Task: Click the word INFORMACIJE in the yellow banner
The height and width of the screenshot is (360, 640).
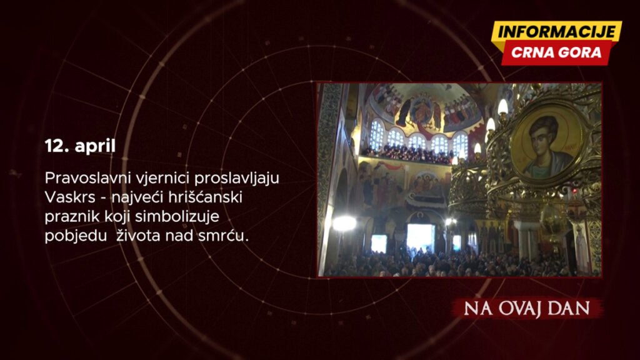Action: [557, 32]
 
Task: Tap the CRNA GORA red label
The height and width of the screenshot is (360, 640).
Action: [556, 52]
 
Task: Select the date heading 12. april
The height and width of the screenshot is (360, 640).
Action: [80, 146]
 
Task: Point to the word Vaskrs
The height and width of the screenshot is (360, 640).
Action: [70, 197]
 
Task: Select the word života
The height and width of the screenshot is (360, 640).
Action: [139, 236]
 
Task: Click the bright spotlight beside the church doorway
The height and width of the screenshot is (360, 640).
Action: [344, 223]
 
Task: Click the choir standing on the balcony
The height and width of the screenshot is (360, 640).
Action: [408, 154]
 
